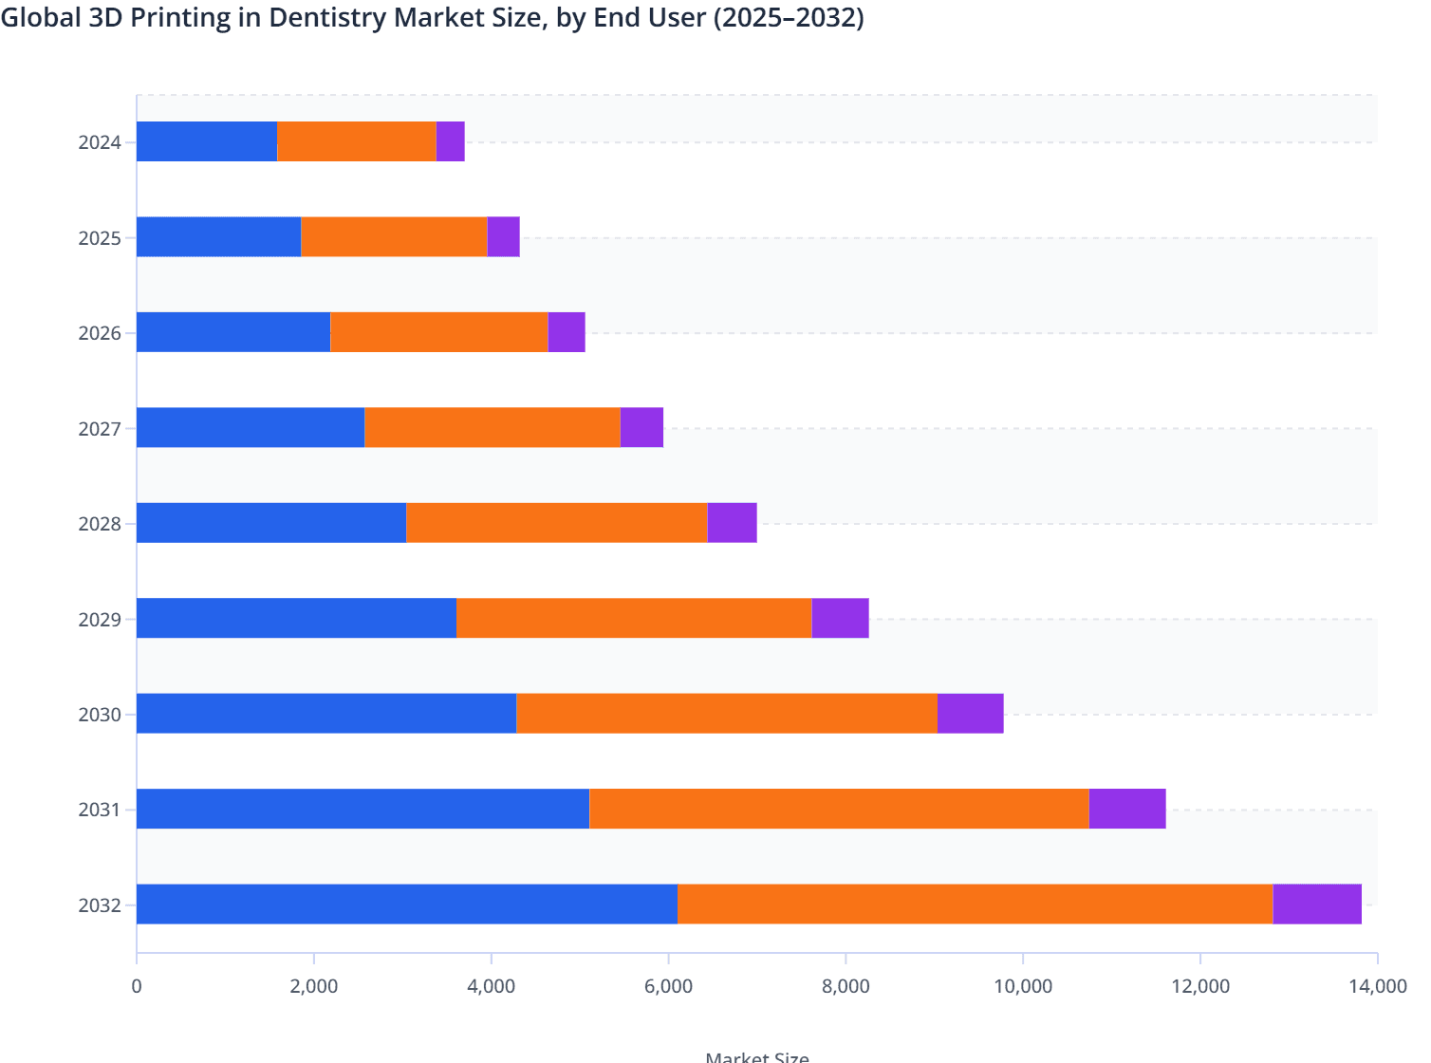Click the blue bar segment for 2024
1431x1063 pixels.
coord(207,141)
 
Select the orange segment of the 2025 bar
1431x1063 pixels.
coord(394,236)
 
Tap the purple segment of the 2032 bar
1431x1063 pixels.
coord(1317,904)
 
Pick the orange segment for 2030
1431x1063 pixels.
coord(727,713)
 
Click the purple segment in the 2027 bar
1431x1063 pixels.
coord(641,427)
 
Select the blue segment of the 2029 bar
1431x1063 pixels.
coord(296,618)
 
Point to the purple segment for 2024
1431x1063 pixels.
coord(450,141)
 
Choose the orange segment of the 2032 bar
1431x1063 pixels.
coord(976,904)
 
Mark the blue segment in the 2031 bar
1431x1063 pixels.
coord(362,809)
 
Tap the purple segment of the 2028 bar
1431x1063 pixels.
coord(732,523)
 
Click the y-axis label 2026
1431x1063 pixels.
coord(100,333)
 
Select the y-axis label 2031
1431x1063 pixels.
coord(100,810)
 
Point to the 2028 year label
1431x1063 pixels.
coord(100,524)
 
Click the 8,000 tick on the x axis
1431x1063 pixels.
coord(846,986)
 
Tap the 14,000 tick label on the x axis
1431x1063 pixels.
coord(1377,986)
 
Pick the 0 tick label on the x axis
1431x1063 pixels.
coord(137,986)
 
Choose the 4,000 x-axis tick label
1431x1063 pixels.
coord(491,986)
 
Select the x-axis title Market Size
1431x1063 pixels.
coord(757,1056)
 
